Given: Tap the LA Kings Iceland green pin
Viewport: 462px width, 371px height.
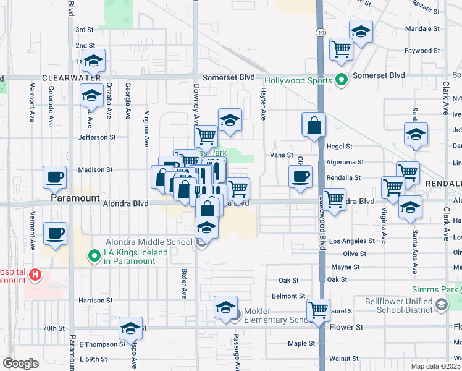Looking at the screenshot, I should pos(94,255).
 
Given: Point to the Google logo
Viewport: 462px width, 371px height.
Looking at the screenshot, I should pos(20,364).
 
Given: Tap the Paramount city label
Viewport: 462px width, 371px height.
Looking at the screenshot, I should pos(75,198).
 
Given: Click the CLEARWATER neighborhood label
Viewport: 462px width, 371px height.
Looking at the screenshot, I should pos(71,78).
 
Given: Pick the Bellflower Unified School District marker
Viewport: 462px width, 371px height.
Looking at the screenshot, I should pos(441,304).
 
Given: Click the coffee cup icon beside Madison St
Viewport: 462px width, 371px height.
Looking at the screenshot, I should pos(54,177).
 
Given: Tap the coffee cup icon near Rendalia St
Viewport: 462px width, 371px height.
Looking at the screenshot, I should pos(301,177).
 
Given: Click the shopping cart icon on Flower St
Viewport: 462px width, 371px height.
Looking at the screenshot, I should pos(319,309).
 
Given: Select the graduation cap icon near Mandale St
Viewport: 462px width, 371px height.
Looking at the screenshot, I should pos(361,31).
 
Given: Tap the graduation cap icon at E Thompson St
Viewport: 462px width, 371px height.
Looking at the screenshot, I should pos(131,328).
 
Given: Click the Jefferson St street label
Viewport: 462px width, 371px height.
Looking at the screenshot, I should pos(97,137).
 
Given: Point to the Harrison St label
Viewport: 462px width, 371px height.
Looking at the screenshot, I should pos(91,301).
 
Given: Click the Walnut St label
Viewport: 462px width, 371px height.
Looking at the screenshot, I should pos(344,359).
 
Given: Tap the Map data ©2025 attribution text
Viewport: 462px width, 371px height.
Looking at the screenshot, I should pos(435,366).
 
